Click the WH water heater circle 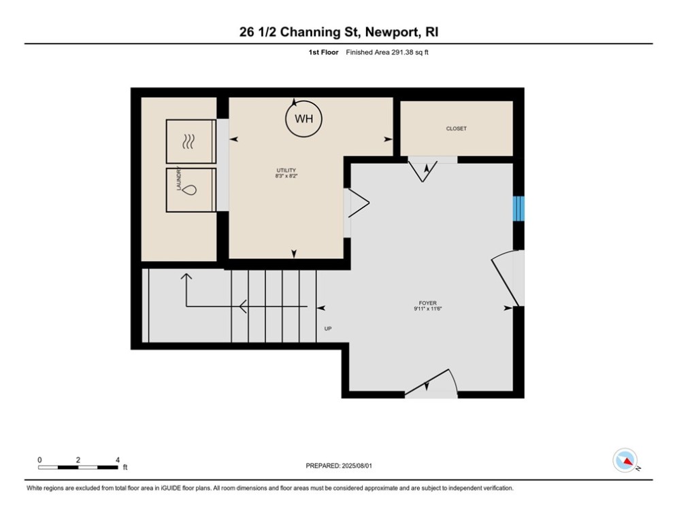(x=303, y=119)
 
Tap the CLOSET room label (x=457, y=128)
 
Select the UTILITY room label (x=286, y=171)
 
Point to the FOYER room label (x=427, y=303)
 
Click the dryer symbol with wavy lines (x=191, y=141)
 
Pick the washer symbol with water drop (x=191, y=190)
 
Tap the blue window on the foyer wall (x=518, y=209)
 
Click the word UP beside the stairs (x=328, y=329)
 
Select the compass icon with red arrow (x=625, y=460)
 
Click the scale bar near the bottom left (x=78, y=467)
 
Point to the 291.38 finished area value (x=402, y=52)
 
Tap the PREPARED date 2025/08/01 (x=357, y=466)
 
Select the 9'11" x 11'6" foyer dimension (x=428, y=309)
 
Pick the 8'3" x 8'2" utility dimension (x=286, y=176)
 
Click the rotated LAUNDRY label (x=179, y=178)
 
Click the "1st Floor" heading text (x=323, y=52)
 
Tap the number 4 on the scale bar (x=118, y=460)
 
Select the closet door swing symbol (x=423, y=171)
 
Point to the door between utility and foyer (x=357, y=203)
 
